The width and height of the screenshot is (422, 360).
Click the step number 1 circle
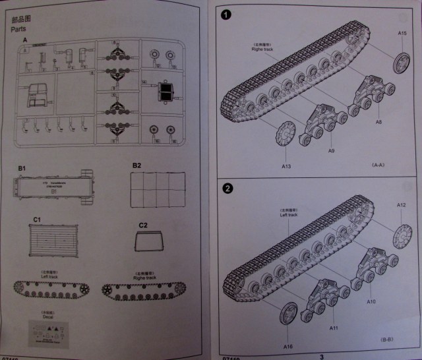(x=227, y=15)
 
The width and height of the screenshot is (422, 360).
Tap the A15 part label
(x=402, y=32)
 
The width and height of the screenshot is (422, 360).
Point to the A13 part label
(x=286, y=166)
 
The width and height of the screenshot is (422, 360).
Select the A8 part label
(x=378, y=122)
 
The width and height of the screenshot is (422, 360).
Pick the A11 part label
(x=333, y=327)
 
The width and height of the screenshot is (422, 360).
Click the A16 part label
(x=287, y=345)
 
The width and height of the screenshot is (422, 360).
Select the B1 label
(x=22, y=169)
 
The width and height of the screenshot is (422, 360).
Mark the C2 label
(x=143, y=225)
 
